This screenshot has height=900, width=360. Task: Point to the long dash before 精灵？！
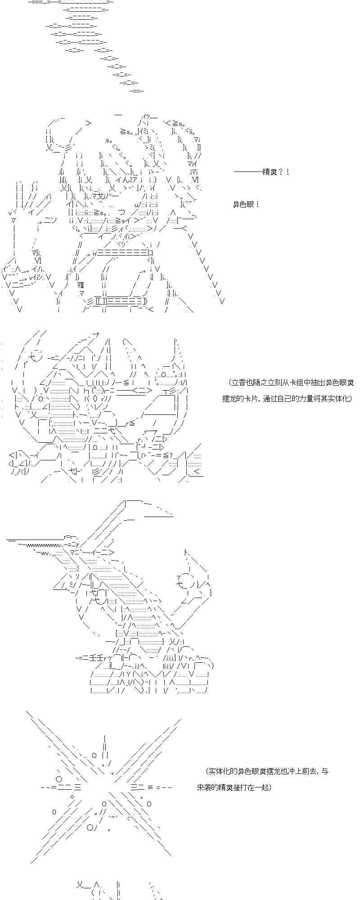[248, 172]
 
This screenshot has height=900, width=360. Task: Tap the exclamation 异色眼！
[246, 205]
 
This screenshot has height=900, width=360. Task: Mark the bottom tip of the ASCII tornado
[136, 91]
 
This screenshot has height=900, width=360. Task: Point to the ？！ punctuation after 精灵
[283, 172]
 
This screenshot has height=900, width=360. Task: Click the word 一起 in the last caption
[262, 787]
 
